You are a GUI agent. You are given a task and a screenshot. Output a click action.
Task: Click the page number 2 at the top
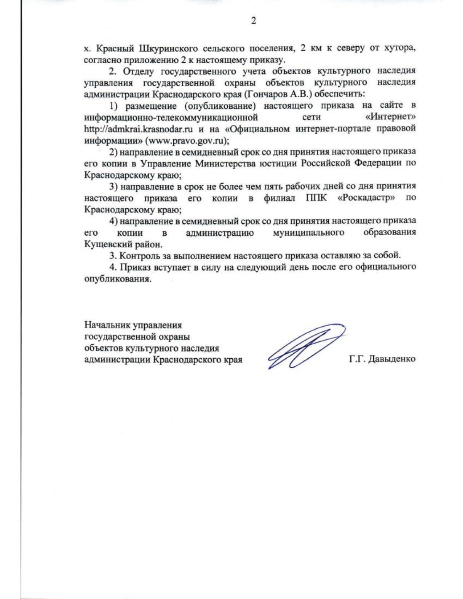click(x=253, y=21)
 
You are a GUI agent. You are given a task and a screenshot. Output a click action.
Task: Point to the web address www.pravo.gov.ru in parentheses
click(x=186, y=140)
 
